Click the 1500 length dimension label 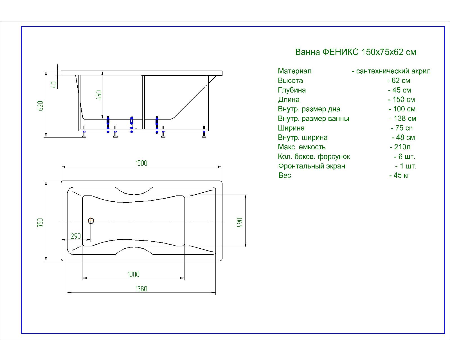click(x=141, y=163)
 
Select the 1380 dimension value click(x=141, y=289)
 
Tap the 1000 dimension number click(x=133, y=274)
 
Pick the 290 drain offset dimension click(x=76, y=236)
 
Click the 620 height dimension click(x=40, y=106)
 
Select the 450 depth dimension click(x=99, y=95)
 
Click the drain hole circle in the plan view click(x=91, y=221)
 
